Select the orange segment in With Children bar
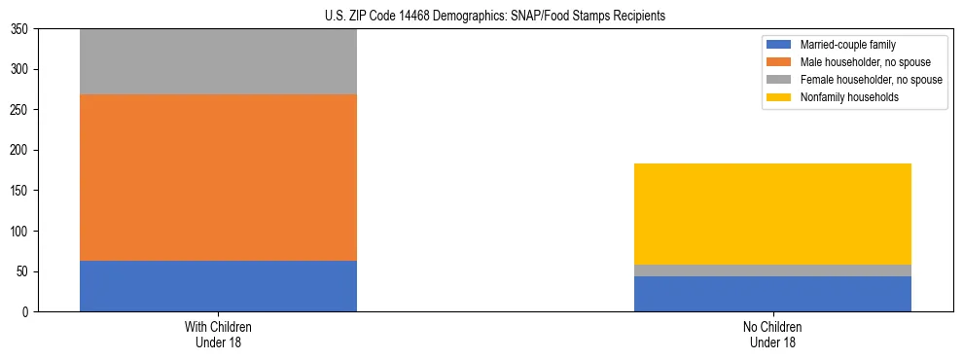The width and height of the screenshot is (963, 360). (x=218, y=177)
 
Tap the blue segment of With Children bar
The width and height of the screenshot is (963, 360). (x=218, y=286)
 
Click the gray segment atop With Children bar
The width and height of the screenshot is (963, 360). (x=218, y=61)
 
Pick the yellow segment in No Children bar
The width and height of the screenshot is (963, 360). (x=772, y=214)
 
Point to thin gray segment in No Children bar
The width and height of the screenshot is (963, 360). (x=772, y=270)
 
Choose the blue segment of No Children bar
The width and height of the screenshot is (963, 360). (x=772, y=294)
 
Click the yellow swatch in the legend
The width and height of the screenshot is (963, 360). (x=779, y=97)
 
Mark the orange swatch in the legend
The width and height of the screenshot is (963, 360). (x=779, y=62)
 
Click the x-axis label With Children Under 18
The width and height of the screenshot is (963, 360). (x=218, y=335)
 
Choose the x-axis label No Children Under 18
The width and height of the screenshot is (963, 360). (x=772, y=335)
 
